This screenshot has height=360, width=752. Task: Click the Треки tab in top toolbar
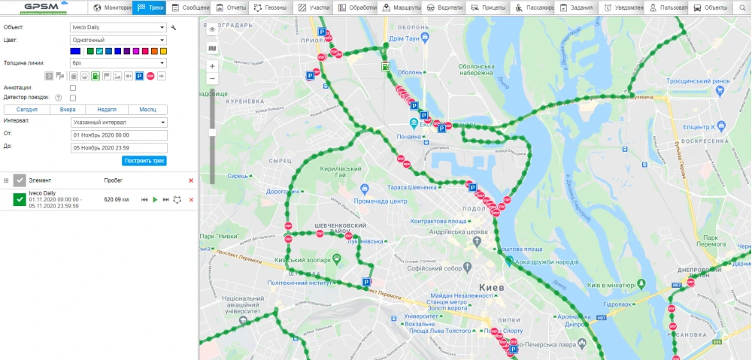(x=151, y=8)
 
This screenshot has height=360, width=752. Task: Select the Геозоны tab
(x=269, y=8)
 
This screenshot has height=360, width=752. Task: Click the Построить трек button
(x=144, y=161)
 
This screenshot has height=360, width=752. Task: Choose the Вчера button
(x=68, y=110)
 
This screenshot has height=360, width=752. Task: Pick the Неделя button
(x=107, y=110)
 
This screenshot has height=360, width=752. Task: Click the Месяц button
(x=147, y=110)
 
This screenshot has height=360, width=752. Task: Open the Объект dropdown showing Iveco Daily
(x=119, y=28)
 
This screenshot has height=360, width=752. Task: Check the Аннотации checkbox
(x=73, y=88)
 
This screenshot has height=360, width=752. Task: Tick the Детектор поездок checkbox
(x=73, y=98)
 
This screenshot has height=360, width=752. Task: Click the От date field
(x=119, y=135)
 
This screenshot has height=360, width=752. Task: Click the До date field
(x=119, y=147)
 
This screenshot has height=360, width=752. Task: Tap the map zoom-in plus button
(x=212, y=66)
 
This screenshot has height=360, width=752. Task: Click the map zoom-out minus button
(x=212, y=78)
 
